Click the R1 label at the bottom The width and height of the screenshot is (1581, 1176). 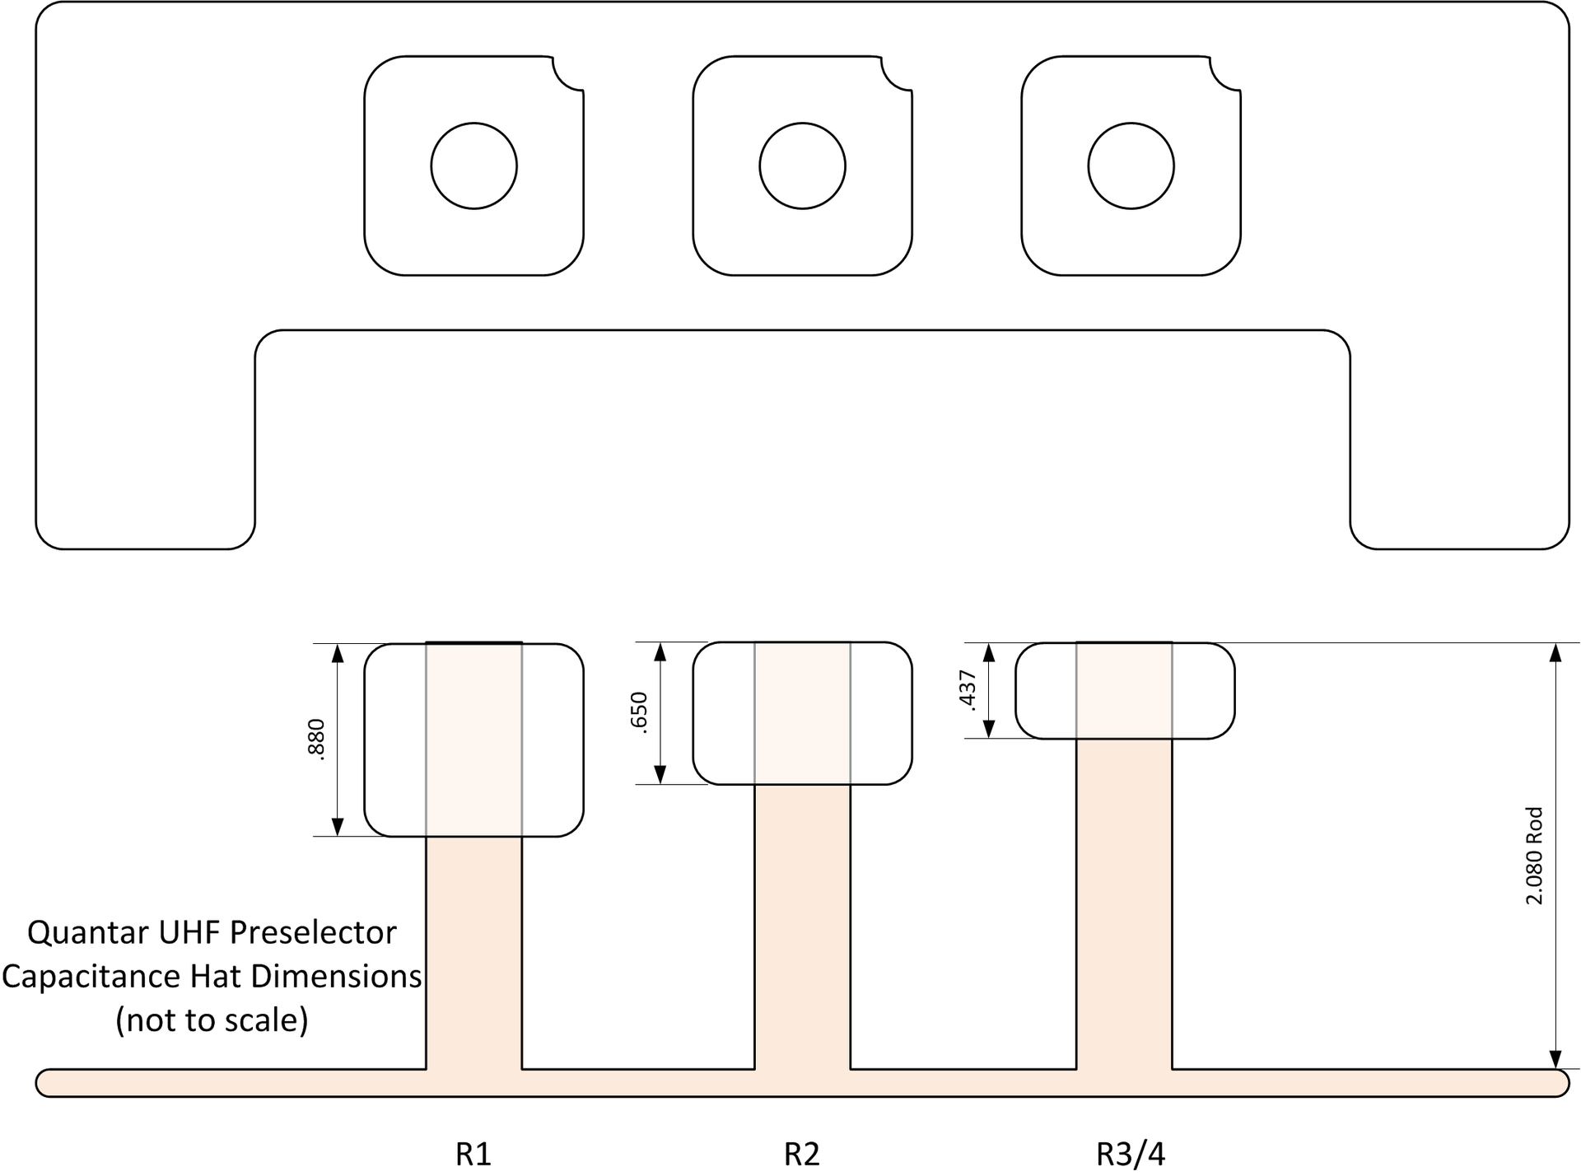pos(473,1155)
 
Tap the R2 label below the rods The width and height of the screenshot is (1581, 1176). pos(802,1155)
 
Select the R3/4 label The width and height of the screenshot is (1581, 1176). pos(1131,1155)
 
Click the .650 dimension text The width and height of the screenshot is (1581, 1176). pos(640,712)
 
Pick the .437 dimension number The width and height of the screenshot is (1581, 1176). pos(968,690)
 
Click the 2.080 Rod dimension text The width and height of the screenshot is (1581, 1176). pos(1534,856)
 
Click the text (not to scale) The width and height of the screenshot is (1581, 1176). pos(212,1020)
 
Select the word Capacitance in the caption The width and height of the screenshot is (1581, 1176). pos(91,977)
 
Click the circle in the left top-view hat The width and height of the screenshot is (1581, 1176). pos(473,166)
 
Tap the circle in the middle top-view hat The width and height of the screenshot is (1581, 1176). pos(802,166)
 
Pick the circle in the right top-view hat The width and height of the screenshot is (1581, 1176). pos(1131,166)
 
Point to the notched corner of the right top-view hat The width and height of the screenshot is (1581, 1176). pos(1225,72)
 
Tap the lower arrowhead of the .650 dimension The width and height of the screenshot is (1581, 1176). pos(660,774)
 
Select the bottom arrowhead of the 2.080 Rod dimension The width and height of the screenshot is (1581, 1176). pos(1555,1059)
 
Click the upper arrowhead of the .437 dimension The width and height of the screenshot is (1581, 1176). pos(990,653)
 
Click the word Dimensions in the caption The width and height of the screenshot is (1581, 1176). pos(336,977)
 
